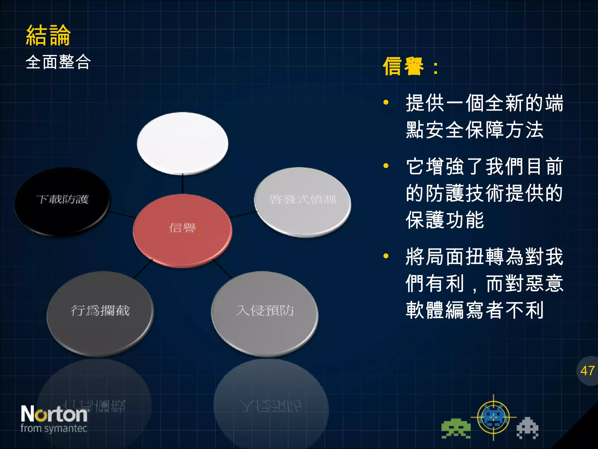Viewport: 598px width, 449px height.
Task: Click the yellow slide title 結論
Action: [x=48, y=35]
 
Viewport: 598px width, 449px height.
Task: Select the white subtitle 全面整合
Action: [x=58, y=62]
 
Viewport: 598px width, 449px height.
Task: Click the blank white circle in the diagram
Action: [x=182, y=143]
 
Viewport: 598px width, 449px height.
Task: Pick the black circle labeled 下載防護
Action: [x=62, y=202]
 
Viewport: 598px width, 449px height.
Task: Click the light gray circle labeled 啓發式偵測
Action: [x=303, y=202]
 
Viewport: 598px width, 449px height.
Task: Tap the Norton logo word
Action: [x=54, y=414]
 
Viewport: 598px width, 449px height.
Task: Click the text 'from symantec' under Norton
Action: [x=54, y=429]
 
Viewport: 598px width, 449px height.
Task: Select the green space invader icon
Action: [x=456, y=429]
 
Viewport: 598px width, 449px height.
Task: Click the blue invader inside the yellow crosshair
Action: [x=493, y=417]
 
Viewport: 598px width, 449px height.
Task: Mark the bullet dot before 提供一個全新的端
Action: [x=386, y=102]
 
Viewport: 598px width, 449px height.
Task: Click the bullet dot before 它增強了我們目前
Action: [x=386, y=166]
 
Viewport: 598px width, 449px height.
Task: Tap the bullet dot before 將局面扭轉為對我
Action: [x=386, y=256]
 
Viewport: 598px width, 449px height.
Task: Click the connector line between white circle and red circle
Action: [x=182, y=184]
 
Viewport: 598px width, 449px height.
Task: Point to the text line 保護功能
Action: [x=444, y=220]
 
